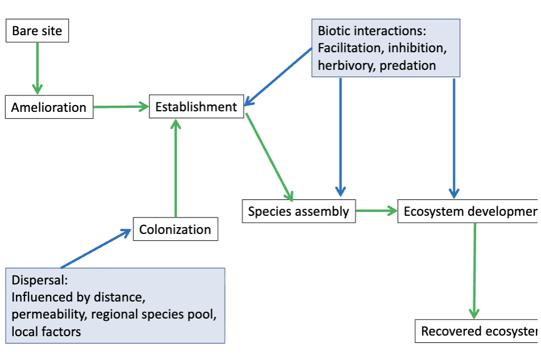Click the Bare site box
click(37, 31)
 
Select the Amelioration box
click(49, 107)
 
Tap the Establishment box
click(196, 107)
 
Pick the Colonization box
click(175, 229)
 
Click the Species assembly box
click(298, 212)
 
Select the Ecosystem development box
click(469, 212)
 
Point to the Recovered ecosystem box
click(477, 332)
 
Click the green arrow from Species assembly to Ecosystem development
click(376, 211)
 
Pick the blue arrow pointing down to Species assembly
click(340, 136)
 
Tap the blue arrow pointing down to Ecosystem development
click(453, 136)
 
